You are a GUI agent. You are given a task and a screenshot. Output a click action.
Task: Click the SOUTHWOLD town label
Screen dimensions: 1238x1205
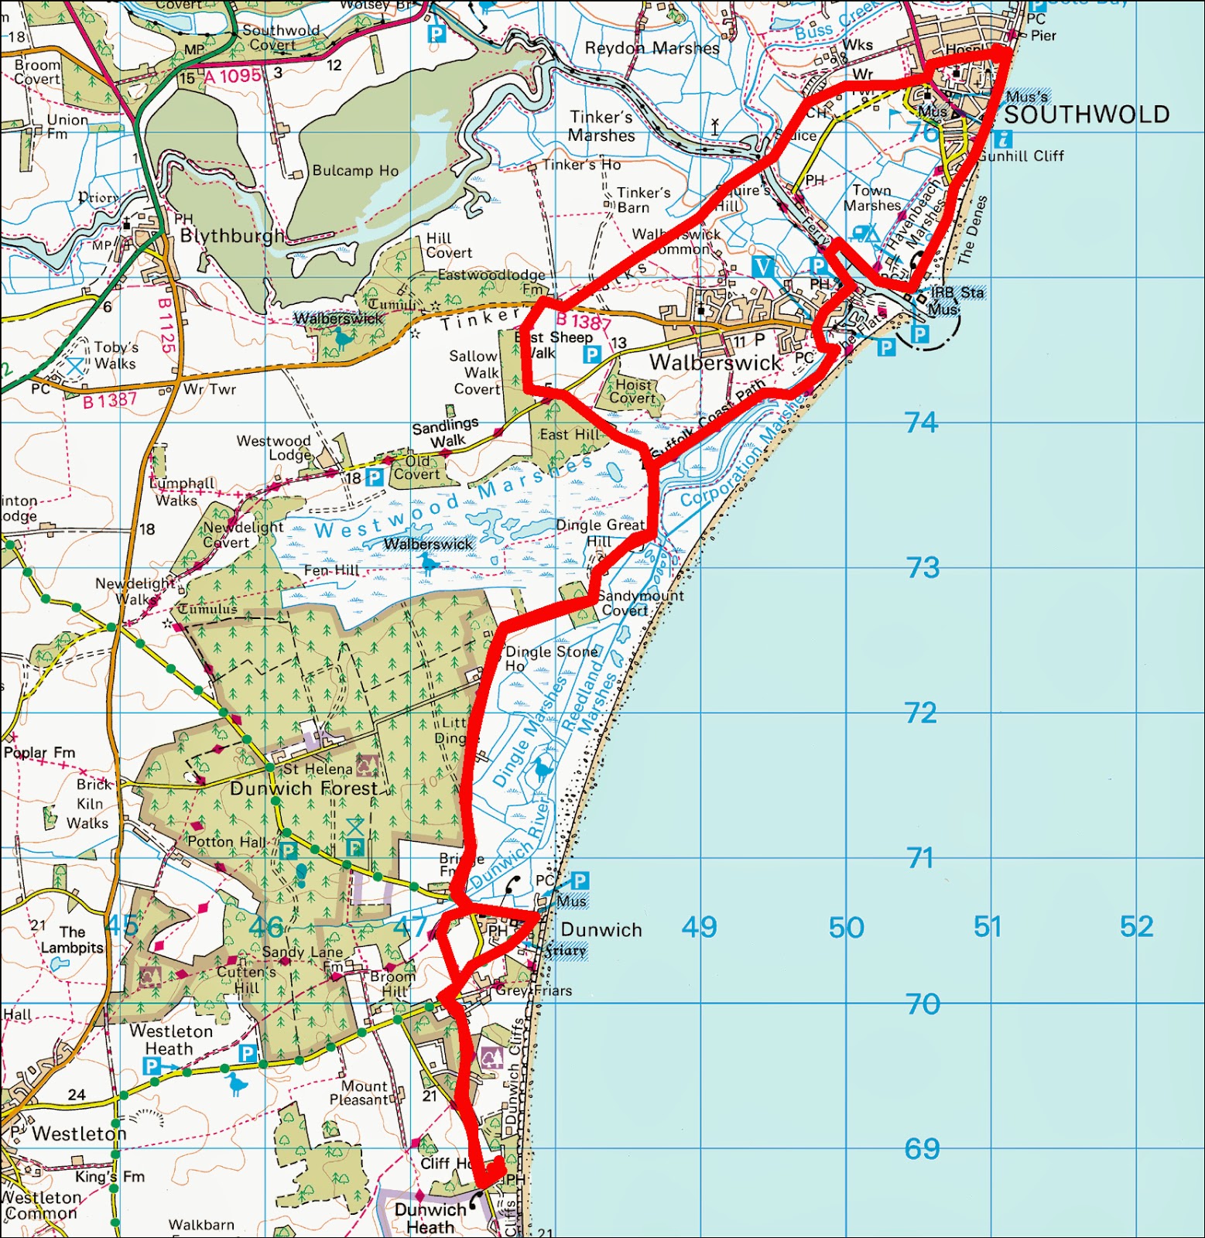(1087, 115)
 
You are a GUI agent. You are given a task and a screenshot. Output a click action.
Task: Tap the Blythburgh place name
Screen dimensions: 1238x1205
(232, 236)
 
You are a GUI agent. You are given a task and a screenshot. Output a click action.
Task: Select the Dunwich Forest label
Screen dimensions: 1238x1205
(303, 788)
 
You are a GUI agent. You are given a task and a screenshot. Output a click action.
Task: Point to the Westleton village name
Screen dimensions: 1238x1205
(79, 1134)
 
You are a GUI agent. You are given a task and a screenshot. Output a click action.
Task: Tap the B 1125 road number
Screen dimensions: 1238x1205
(166, 325)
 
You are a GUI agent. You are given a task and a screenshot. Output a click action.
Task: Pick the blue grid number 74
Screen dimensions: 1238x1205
(921, 422)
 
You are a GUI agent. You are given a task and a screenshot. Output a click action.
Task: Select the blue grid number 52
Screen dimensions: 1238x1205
(1136, 926)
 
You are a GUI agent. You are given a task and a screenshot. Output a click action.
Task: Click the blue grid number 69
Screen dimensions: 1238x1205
(922, 1149)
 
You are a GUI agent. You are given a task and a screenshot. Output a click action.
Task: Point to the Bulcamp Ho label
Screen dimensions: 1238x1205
(355, 170)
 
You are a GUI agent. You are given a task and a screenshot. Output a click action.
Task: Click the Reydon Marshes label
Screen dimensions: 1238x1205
(652, 48)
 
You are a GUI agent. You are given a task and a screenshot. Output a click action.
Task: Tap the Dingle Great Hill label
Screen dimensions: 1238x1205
(601, 532)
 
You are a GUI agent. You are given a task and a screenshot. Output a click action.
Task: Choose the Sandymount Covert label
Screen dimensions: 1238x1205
(639, 603)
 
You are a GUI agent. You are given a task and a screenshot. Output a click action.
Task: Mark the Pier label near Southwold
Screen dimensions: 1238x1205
(1043, 36)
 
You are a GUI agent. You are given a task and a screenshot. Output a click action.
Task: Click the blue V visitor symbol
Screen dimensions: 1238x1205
(763, 268)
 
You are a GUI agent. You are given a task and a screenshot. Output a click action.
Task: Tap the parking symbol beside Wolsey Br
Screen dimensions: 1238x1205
(436, 34)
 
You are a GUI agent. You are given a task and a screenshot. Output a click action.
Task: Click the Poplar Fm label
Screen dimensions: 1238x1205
(39, 752)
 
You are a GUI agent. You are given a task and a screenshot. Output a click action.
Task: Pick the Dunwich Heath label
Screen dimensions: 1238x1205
(430, 1218)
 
